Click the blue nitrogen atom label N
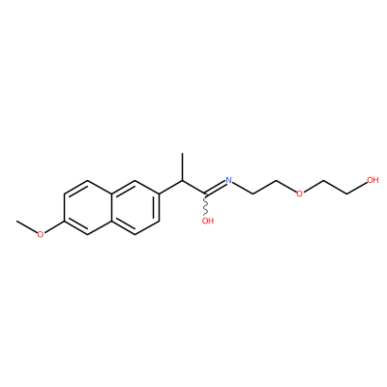click(229, 180)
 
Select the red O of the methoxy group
click(40, 235)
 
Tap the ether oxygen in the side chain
click(300, 193)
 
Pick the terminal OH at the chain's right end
click(372, 180)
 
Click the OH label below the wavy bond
click(208, 221)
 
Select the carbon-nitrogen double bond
click(216, 188)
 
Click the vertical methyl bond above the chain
click(183, 166)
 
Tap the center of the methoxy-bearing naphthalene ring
click(88, 207)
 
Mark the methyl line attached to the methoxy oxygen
click(27, 226)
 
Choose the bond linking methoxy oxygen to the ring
click(54, 226)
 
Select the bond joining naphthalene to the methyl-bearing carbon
click(171, 187)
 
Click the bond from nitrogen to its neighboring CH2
click(243, 189)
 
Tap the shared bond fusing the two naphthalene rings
click(111, 207)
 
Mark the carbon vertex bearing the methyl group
click(183, 180)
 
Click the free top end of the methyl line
click(183, 154)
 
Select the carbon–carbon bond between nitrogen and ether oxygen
click(265, 187)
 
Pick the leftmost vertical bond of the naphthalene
click(64, 207)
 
